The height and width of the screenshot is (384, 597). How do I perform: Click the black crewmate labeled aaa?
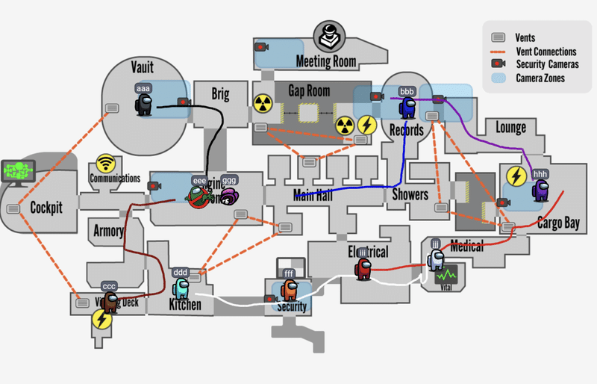click(x=143, y=104)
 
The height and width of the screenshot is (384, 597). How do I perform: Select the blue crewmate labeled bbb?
click(x=407, y=108)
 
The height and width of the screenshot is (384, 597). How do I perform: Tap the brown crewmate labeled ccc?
click(x=110, y=302)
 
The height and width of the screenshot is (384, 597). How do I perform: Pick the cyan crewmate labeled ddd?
click(x=181, y=287)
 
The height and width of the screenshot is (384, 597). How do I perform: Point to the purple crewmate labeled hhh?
click(x=540, y=190)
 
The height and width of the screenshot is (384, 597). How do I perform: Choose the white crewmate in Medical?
click(x=435, y=259)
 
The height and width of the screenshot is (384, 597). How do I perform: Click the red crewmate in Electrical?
click(x=363, y=268)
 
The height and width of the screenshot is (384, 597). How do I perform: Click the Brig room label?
click(x=220, y=95)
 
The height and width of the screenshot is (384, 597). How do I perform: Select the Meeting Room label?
click(x=326, y=61)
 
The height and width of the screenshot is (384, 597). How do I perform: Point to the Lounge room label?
click(x=510, y=128)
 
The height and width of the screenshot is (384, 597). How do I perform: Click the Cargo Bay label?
click(x=558, y=223)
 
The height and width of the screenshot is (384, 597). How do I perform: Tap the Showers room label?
click(x=410, y=195)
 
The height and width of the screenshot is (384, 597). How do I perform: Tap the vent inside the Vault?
click(x=113, y=109)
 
